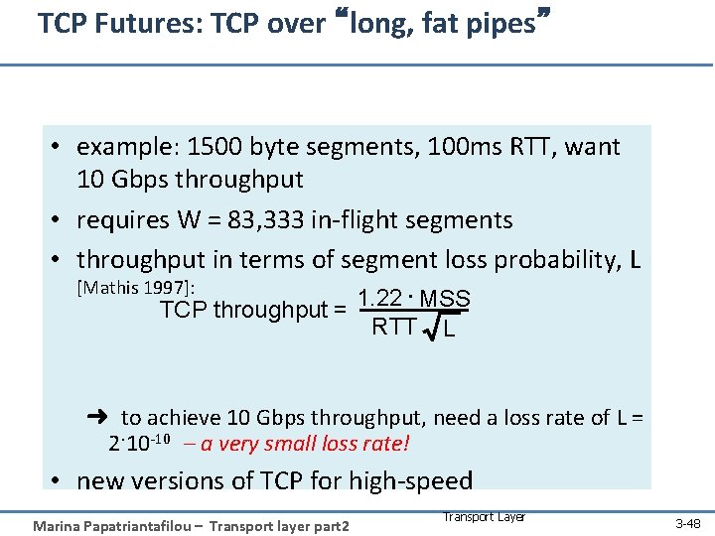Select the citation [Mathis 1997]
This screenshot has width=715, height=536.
pyautogui.click(x=135, y=288)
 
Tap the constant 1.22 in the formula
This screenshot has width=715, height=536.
pyautogui.click(x=379, y=298)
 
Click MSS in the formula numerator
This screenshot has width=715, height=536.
pyautogui.click(x=445, y=299)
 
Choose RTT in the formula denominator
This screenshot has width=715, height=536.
pyautogui.click(x=393, y=327)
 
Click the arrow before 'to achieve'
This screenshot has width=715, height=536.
pyautogui.click(x=97, y=418)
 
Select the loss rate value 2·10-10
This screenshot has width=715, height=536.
pyautogui.click(x=148, y=443)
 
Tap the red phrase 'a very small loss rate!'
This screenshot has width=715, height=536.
pyautogui.click(x=305, y=444)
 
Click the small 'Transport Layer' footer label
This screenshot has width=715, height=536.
pyautogui.click(x=484, y=516)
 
